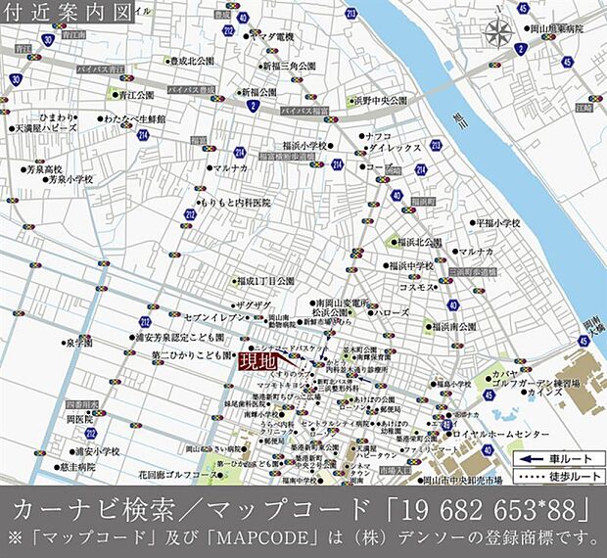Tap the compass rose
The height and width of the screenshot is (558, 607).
pos(497,33)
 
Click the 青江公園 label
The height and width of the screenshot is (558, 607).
pos(136,95)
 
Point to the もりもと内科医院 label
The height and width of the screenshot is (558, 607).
pos(234,203)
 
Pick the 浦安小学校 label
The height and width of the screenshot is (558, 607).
pos(96,452)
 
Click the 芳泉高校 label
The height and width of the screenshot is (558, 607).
pos(44,168)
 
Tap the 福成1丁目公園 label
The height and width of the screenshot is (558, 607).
pos(264,280)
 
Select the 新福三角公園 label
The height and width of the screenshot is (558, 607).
pos(288,66)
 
